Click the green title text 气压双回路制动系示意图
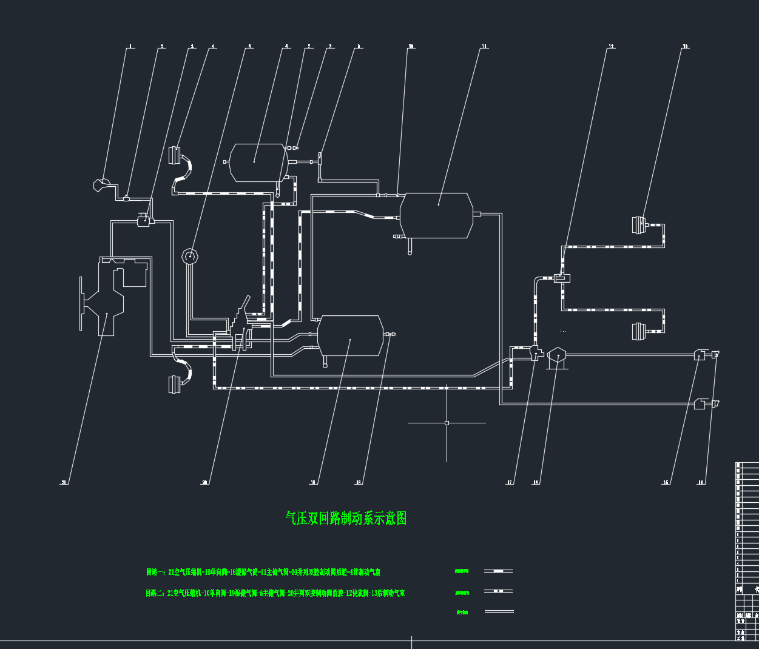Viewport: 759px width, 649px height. [x=346, y=519]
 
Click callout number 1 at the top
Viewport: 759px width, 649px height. [x=131, y=47]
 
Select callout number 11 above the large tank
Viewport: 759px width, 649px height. [x=484, y=47]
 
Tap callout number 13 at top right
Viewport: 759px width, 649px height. [x=685, y=47]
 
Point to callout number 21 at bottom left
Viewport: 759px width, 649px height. [x=64, y=483]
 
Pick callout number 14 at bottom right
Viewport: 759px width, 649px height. [x=701, y=483]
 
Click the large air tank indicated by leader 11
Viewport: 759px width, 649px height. [x=437, y=215]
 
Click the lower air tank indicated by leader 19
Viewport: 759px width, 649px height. [x=350, y=335]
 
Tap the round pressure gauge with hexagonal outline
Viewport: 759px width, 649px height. [x=191, y=256]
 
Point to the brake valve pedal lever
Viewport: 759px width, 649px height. [x=245, y=303]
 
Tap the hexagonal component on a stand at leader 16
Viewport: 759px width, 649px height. [x=556, y=355]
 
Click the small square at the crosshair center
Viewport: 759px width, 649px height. [x=447, y=423]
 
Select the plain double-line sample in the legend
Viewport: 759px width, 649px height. [x=499, y=611]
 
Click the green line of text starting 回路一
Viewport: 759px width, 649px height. [x=263, y=572]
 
